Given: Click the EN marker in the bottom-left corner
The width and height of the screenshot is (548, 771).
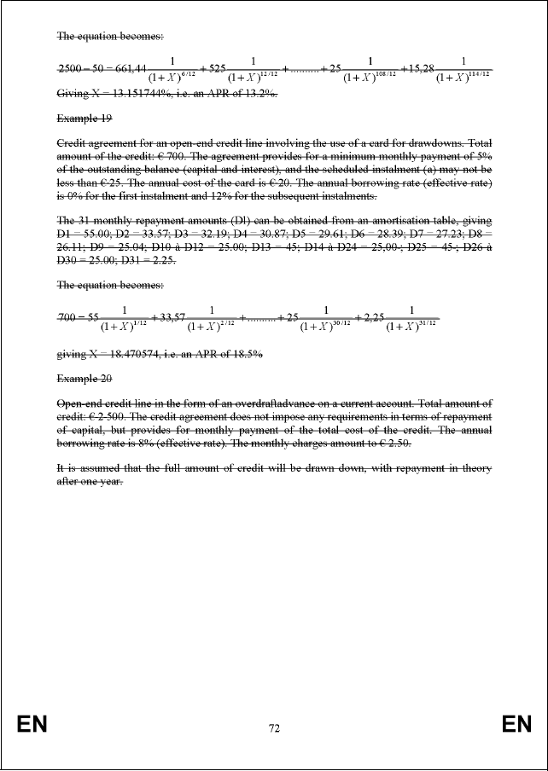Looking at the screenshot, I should [x=32, y=725].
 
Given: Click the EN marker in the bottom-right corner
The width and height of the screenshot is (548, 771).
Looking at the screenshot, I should [x=516, y=725].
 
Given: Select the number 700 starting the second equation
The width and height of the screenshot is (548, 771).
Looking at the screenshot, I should [x=68, y=317].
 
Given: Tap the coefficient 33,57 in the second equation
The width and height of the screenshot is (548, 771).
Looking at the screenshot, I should [x=168, y=317].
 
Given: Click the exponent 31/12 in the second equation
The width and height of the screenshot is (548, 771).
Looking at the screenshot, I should [x=427, y=322].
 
